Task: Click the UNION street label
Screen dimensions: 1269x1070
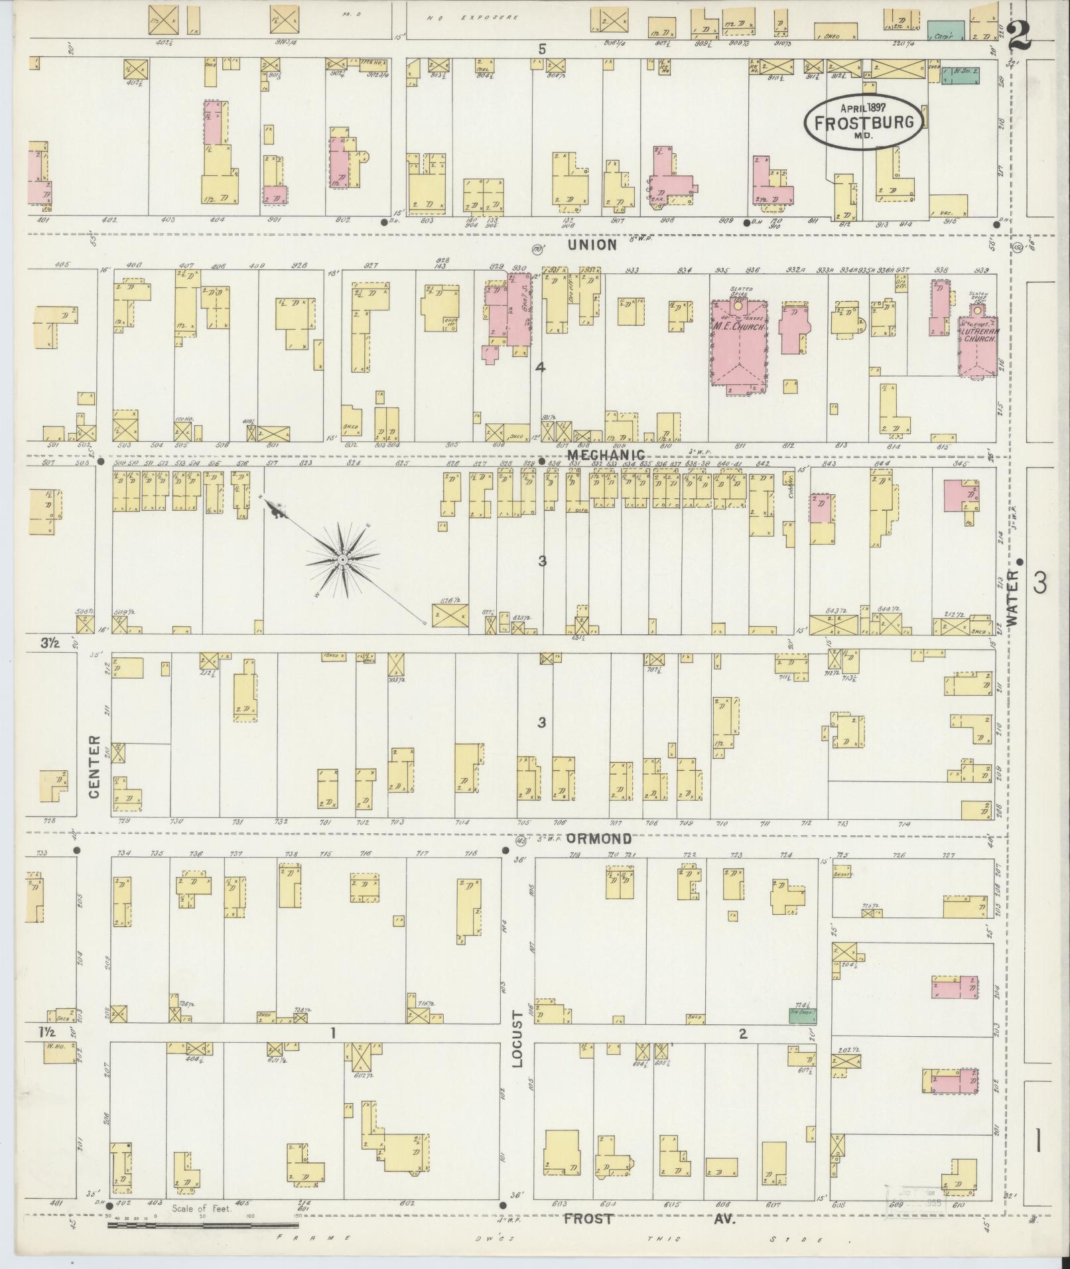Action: pyautogui.click(x=592, y=245)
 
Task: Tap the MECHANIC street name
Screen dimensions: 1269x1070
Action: pyautogui.click(x=606, y=455)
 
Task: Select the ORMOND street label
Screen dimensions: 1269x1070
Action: pyautogui.click(x=598, y=838)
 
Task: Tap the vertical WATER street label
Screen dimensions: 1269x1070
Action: pyautogui.click(x=1012, y=598)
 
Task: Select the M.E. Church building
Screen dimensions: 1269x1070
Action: pyautogui.click(x=738, y=345)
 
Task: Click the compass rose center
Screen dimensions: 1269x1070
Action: pyautogui.click(x=342, y=561)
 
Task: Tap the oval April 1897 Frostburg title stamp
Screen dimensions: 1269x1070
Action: pyautogui.click(x=863, y=121)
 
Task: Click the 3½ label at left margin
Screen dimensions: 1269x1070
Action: pyautogui.click(x=46, y=642)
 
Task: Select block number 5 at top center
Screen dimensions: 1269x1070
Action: pyautogui.click(x=542, y=48)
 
